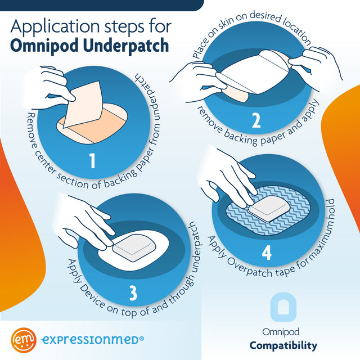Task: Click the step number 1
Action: (x=92, y=161)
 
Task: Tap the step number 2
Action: (x=256, y=121)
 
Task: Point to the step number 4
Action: (x=266, y=253)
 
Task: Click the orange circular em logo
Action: (x=24, y=340)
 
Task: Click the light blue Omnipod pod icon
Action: (x=283, y=308)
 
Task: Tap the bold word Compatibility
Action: (x=283, y=345)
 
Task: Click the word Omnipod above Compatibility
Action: (x=283, y=332)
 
